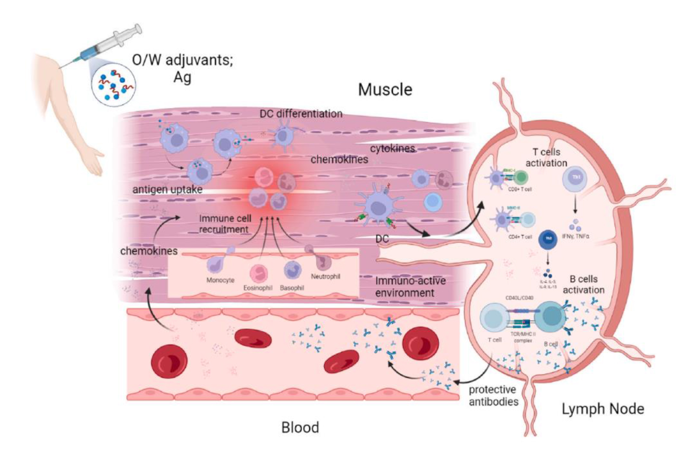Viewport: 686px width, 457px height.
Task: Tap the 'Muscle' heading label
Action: (385, 90)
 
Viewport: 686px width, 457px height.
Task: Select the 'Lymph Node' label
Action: (603, 409)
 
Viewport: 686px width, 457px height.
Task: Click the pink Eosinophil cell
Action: (259, 273)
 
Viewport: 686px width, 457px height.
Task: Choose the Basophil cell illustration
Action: (292, 271)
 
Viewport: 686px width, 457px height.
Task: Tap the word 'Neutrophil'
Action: (325, 277)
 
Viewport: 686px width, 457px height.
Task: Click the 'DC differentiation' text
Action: (301, 114)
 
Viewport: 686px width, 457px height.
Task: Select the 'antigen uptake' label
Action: (167, 190)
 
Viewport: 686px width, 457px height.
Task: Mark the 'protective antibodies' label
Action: (493, 396)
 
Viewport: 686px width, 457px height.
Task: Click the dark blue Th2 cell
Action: (548, 239)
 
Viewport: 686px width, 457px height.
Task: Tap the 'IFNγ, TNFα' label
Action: (576, 236)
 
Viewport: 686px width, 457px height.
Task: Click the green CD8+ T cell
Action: (521, 178)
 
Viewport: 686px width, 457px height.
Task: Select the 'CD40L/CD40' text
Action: (519, 298)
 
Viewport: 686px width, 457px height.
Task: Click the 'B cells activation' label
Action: (583, 285)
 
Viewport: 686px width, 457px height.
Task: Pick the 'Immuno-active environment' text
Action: (410, 287)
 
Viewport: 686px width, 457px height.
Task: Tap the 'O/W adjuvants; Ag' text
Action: (182, 68)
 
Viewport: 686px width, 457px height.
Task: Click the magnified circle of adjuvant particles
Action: (114, 85)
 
